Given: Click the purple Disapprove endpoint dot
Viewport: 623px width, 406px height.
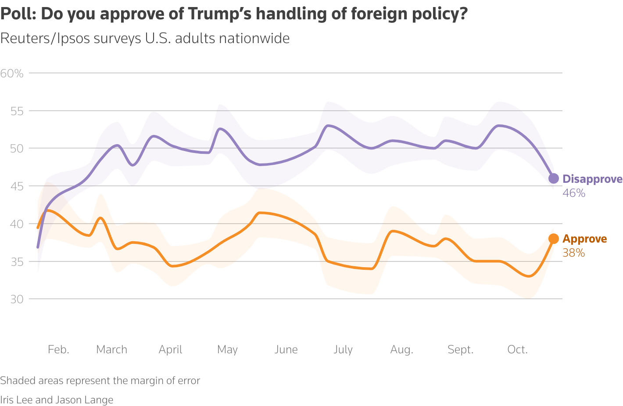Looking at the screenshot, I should tap(554, 178).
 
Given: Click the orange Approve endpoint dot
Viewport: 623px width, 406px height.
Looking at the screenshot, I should tap(554, 239).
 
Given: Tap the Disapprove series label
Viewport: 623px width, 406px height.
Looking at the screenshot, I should tap(592, 179).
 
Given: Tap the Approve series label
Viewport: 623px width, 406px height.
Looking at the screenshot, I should tap(585, 239).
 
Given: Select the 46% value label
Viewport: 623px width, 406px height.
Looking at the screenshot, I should tap(574, 193).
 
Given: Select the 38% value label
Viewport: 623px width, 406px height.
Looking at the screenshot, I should tap(573, 253).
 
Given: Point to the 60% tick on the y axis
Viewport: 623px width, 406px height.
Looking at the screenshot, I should tap(12, 73).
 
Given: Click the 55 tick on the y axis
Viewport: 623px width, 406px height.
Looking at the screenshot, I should tap(17, 111).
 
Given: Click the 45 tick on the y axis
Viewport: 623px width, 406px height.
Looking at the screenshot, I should tap(17, 186).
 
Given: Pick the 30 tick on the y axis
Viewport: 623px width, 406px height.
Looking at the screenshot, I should tap(17, 299).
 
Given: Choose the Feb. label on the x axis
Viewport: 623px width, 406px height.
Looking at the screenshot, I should tap(58, 349).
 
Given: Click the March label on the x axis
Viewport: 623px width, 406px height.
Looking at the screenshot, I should tap(111, 349).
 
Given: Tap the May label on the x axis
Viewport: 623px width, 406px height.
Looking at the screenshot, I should tap(227, 349).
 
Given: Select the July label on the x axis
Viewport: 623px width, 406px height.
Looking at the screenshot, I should tap(343, 349).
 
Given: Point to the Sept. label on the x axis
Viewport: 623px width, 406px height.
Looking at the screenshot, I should tap(460, 349).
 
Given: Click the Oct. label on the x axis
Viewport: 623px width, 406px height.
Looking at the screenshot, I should tap(517, 349).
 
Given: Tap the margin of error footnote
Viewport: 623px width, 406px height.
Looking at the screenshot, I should tap(100, 381).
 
